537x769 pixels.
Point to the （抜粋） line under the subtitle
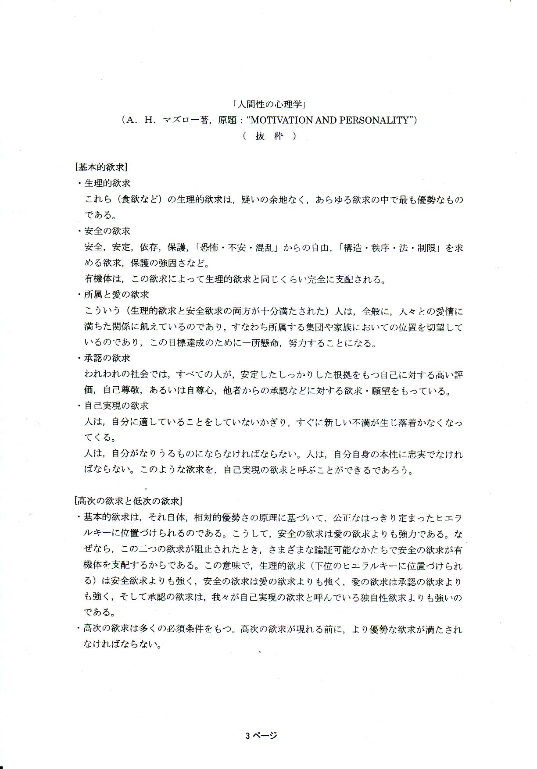point(268,136)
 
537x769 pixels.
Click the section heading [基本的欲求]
point(101,167)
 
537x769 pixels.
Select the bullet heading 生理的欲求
point(107,183)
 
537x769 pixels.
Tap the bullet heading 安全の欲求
point(107,231)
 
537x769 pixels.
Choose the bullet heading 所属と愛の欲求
point(116,295)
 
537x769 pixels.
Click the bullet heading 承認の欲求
point(107,358)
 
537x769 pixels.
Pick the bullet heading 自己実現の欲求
point(116,406)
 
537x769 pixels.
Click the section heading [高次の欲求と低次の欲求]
point(129,501)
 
